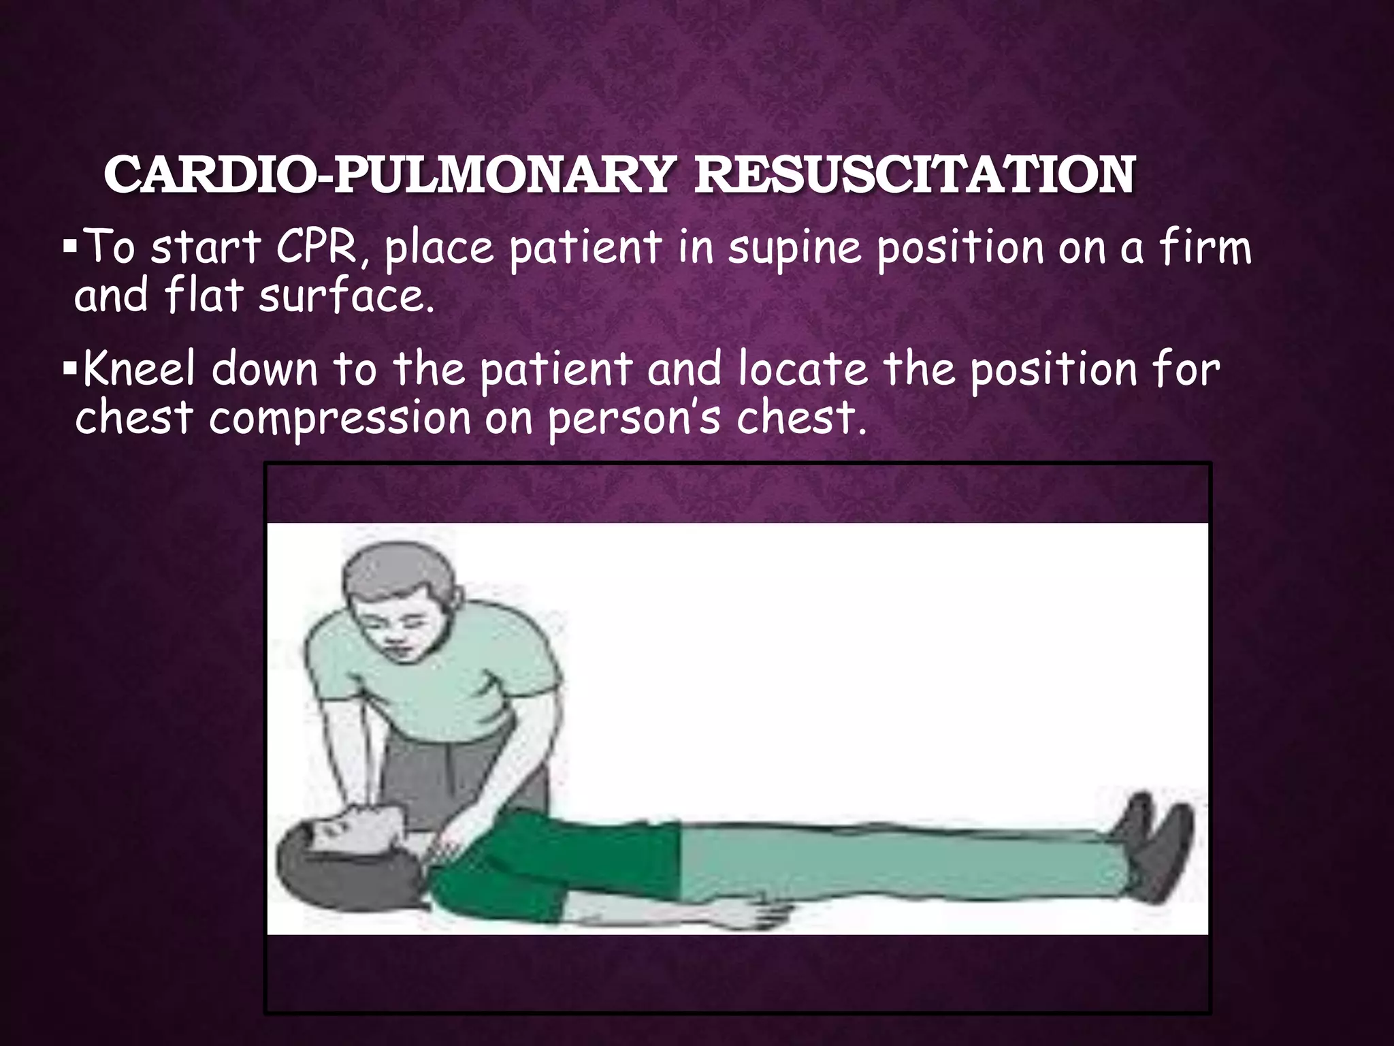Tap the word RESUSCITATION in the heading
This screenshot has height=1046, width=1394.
913,175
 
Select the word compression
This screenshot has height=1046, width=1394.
340,418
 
